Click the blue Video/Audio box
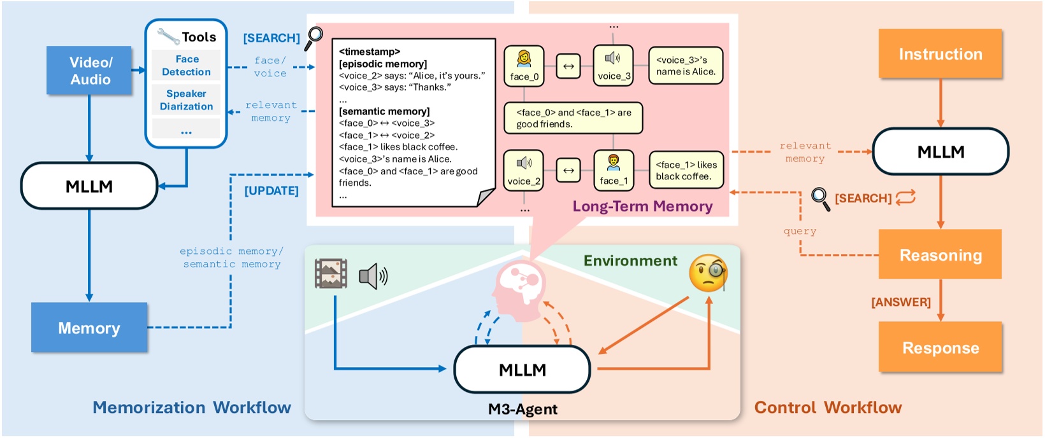[x=90, y=71]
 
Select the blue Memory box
[x=89, y=328]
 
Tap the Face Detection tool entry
[x=186, y=66]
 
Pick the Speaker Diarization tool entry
[x=186, y=100]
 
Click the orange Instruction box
[x=940, y=54]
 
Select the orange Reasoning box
[x=940, y=254]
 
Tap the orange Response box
[x=940, y=347]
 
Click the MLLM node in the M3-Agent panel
[x=522, y=370]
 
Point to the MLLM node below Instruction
[x=940, y=151]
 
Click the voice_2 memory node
[x=524, y=171]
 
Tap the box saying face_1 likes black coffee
[x=686, y=171]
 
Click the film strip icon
[x=331, y=274]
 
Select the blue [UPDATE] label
[x=271, y=191]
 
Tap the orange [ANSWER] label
[x=900, y=302]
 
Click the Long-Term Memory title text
[x=642, y=206]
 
